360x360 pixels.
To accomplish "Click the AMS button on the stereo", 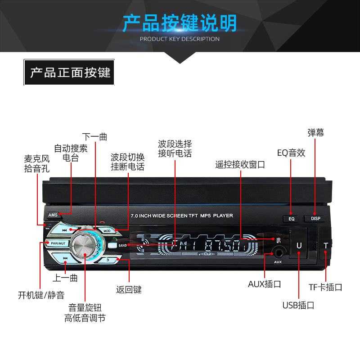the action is point(52,215).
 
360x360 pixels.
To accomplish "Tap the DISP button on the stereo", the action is point(314,218).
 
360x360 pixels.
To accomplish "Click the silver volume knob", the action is point(84,247).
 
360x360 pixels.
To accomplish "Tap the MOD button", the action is point(107,231).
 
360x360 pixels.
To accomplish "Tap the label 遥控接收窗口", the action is point(240,165).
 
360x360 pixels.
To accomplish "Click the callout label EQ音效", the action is point(291,153).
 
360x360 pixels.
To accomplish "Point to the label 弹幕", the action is point(315,132).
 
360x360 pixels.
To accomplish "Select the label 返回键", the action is point(129,290).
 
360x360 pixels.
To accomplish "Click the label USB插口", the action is point(298,306).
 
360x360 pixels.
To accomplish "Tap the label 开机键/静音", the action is point(41,295).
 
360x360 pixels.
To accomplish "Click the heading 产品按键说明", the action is point(180,23).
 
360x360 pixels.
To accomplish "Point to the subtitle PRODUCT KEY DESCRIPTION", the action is point(180,39).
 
